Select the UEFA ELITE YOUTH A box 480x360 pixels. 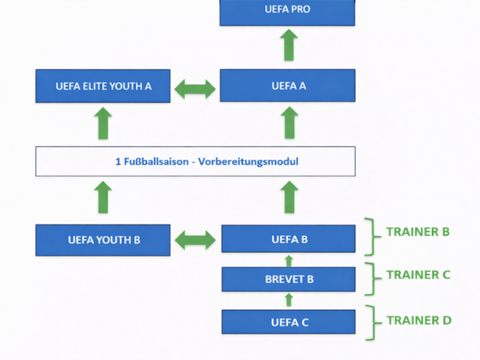click(x=104, y=85)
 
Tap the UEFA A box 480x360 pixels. click(x=287, y=85)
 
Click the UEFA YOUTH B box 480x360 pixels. click(x=104, y=240)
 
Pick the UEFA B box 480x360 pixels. click(x=289, y=240)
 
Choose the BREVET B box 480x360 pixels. click(x=289, y=280)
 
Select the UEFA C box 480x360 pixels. click(x=289, y=322)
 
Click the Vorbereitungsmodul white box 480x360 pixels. click(x=195, y=161)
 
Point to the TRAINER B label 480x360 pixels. click(x=418, y=232)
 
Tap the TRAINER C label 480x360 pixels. click(x=418, y=274)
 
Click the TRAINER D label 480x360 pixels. click(x=418, y=320)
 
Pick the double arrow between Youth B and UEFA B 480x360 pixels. click(x=195, y=240)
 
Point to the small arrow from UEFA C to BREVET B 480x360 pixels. click(x=289, y=301)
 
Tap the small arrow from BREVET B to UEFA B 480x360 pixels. click(x=289, y=260)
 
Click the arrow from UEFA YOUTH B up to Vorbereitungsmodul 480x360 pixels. click(x=104, y=196)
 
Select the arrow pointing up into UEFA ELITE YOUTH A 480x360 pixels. click(x=104, y=123)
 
